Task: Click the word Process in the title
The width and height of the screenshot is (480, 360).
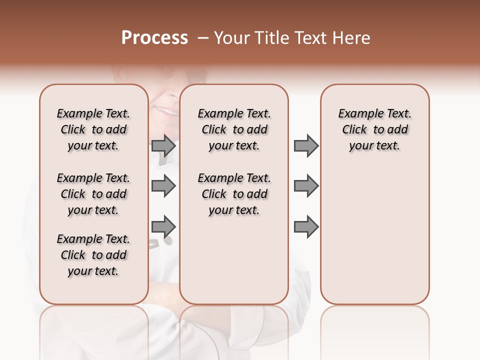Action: click(154, 38)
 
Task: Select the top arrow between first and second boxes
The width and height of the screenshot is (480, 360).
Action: click(163, 146)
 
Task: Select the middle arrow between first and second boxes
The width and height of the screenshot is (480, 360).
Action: click(163, 186)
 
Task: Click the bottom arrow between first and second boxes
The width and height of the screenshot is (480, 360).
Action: click(163, 227)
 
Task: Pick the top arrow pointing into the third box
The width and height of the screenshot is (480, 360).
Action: click(306, 146)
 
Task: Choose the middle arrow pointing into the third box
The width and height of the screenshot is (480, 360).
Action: click(306, 186)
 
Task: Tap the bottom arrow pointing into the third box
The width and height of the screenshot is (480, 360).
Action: click(306, 227)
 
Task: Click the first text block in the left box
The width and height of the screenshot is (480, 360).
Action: click(93, 129)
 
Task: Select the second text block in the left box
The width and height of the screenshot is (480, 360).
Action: click(93, 194)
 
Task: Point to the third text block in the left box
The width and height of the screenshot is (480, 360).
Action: click(93, 255)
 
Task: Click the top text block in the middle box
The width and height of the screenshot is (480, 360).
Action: click(234, 129)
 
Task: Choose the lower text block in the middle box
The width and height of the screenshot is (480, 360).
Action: click(234, 194)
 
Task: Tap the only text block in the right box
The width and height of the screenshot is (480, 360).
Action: click(374, 129)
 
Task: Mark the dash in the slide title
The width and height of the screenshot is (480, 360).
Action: click(202, 38)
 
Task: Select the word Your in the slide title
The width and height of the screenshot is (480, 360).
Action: click(231, 38)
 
